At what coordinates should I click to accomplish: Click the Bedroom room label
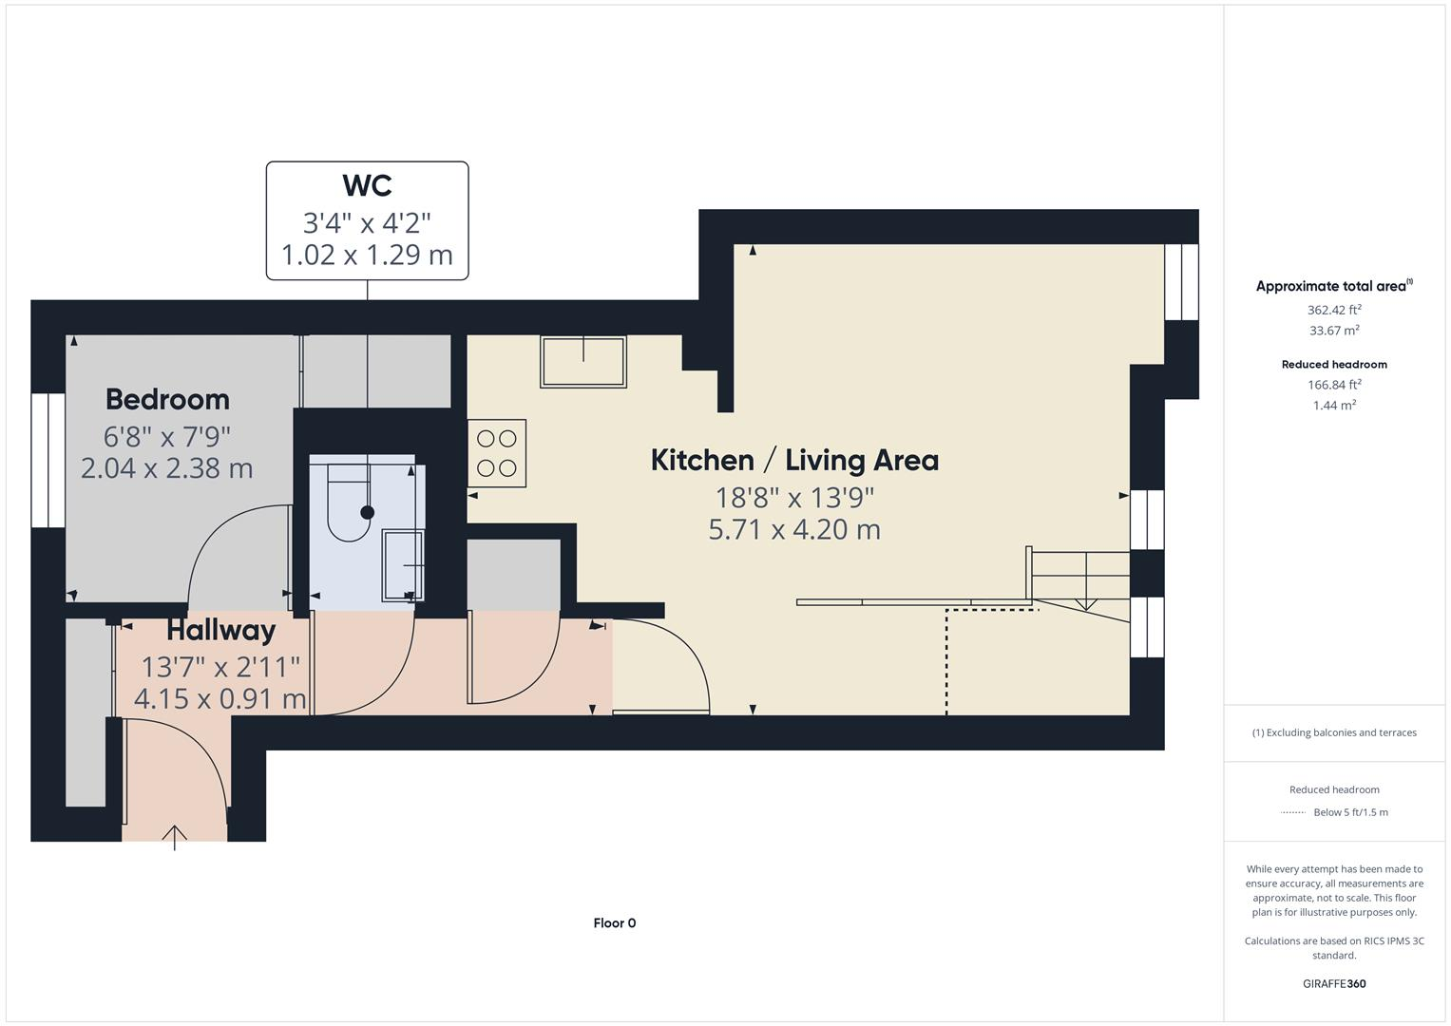click(167, 399)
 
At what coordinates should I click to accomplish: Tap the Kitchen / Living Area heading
click(794, 461)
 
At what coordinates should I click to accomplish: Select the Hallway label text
click(220, 631)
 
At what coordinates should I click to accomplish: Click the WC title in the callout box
click(367, 185)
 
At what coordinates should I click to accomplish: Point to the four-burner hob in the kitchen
click(497, 453)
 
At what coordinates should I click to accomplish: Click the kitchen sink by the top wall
click(583, 361)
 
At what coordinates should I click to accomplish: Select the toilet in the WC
click(348, 503)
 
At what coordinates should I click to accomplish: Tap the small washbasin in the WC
click(403, 565)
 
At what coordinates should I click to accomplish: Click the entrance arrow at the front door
click(174, 836)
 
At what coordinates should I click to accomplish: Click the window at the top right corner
click(1181, 282)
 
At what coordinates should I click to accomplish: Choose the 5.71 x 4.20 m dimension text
click(794, 529)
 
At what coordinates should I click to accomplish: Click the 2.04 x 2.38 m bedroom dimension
click(167, 468)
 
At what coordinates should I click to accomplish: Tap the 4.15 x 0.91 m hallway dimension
click(220, 699)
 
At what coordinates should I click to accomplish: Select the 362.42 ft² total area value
click(1334, 310)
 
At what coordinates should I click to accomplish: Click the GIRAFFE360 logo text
click(1334, 983)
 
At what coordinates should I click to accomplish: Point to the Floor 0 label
click(614, 923)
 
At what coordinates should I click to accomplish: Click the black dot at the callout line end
click(368, 513)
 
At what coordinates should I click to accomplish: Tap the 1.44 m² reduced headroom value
click(1334, 406)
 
